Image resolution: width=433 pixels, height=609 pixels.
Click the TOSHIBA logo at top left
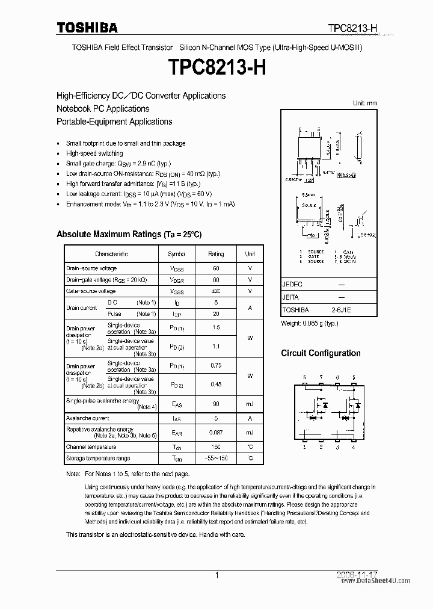(x=87, y=28)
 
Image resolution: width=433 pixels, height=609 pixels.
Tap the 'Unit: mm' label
(x=364, y=103)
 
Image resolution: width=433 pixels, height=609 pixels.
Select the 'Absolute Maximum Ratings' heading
(x=129, y=234)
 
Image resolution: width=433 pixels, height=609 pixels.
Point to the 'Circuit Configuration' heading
(x=321, y=353)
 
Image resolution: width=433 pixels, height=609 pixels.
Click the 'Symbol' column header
(x=177, y=254)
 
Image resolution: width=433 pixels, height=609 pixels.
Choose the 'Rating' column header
(x=216, y=254)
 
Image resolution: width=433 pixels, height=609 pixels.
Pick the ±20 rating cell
(x=216, y=291)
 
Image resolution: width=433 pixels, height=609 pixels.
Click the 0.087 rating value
(x=216, y=433)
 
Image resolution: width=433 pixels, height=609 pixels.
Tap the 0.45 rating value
(x=216, y=384)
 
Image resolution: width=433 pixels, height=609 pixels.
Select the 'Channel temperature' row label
(x=91, y=447)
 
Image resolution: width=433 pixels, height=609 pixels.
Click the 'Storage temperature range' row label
(x=97, y=459)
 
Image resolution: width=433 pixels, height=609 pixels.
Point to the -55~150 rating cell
(x=216, y=459)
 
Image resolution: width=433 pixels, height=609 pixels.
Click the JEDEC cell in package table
(x=293, y=284)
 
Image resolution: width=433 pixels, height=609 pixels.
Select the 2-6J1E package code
(x=342, y=310)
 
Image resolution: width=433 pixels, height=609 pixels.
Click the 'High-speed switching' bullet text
(x=94, y=153)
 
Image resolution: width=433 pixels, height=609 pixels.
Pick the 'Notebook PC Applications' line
(x=103, y=109)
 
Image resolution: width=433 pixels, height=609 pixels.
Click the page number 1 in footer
(x=216, y=576)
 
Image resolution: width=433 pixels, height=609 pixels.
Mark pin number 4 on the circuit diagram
(x=354, y=448)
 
